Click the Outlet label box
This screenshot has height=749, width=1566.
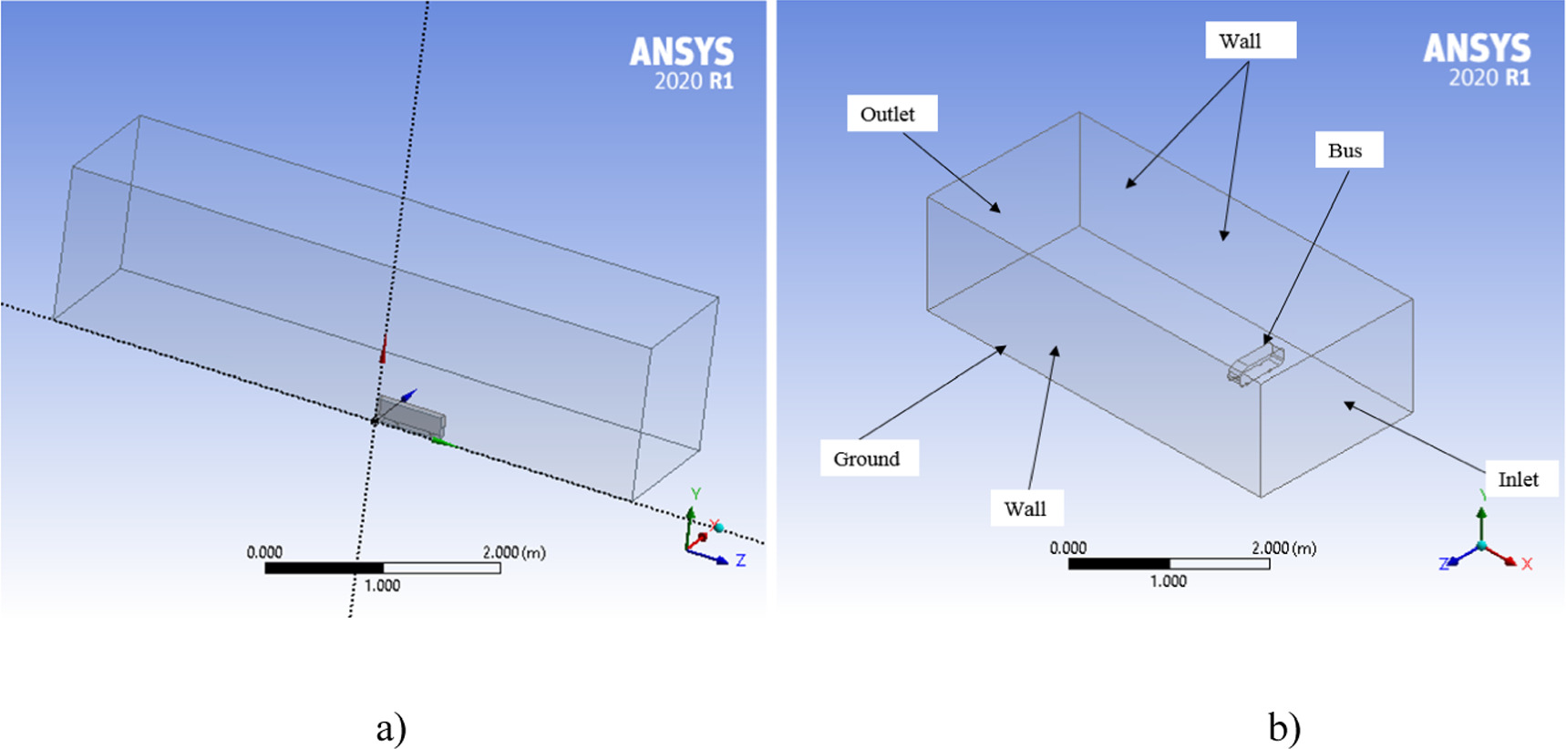[x=891, y=114]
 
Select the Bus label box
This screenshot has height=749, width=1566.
[x=1348, y=150]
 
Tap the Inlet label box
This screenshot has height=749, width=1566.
[x=1520, y=479]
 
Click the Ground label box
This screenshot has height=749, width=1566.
[x=868, y=458]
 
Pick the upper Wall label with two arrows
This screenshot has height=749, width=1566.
[x=1250, y=41]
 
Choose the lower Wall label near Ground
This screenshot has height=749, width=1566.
[x=1026, y=508]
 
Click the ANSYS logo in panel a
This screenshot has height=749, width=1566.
[x=681, y=52]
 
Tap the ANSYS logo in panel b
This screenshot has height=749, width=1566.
[x=1477, y=48]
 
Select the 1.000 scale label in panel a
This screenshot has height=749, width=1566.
[x=382, y=586]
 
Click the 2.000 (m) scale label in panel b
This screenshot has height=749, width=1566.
[x=1283, y=548]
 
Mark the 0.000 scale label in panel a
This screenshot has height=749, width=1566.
[x=264, y=552]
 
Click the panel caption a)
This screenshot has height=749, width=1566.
[x=391, y=728]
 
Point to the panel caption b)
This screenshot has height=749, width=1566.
[x=1283, y=728]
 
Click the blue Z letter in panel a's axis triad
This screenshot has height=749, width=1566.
[x=740, y=561]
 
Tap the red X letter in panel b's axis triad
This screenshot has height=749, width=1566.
[x=1527, y=564]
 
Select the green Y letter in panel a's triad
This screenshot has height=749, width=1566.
[x=695, y=494]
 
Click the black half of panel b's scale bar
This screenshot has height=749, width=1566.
[x=1118, y=564]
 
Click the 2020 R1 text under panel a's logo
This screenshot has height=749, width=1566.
[x=693, y=81]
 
